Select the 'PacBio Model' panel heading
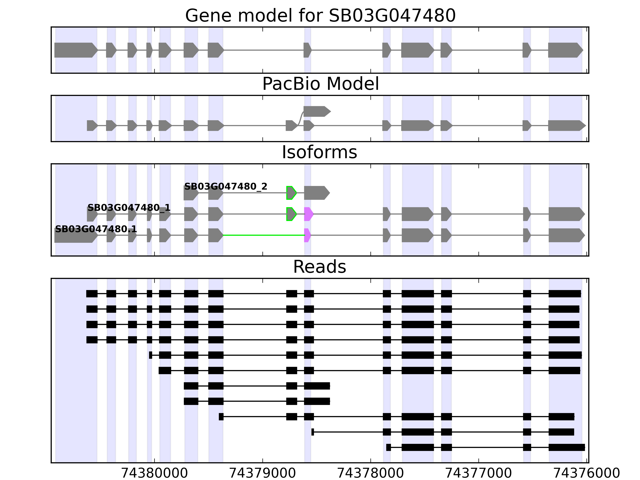(x=320, y=84)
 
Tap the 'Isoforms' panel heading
(x=319, y=152)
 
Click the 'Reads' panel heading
(x=319, y=267)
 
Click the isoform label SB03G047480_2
(x=226, y=187)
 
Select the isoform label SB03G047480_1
(x=129, y=208)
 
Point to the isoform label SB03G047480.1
(x=96, y=229)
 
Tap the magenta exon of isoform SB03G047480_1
(x=308, y=214)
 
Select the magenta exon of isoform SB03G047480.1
(x=307, y=235)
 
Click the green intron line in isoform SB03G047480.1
(x=263, y=235)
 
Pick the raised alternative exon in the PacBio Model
(x=316, y=111)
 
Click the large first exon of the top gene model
(x=75, y=50)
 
